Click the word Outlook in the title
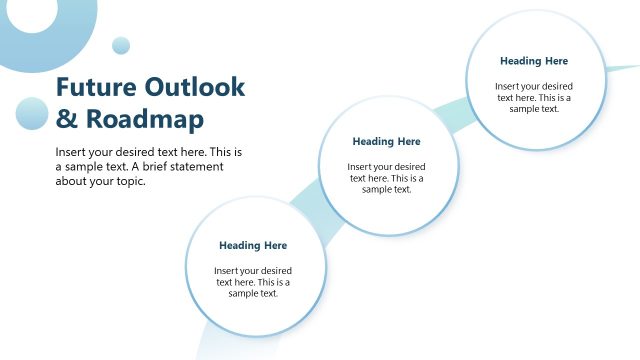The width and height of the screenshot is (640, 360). (195, 87)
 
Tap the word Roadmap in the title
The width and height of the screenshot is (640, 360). (144, 119)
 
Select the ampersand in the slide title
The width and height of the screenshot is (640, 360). (65, 119)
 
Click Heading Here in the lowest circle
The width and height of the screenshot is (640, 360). (253, 245)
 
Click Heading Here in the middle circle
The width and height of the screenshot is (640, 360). (386, 141)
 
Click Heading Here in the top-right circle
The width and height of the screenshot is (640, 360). (534, 61)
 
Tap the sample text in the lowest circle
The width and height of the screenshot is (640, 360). (253, 282)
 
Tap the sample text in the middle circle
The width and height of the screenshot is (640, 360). (386, 178)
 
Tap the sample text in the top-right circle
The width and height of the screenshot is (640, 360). (534, 97)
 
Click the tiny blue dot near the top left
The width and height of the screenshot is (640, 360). (121, 45)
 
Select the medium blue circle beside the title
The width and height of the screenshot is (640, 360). (32, 113)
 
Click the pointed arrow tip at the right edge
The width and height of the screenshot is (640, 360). (630, 67)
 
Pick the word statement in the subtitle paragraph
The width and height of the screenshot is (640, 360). (194, 167)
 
